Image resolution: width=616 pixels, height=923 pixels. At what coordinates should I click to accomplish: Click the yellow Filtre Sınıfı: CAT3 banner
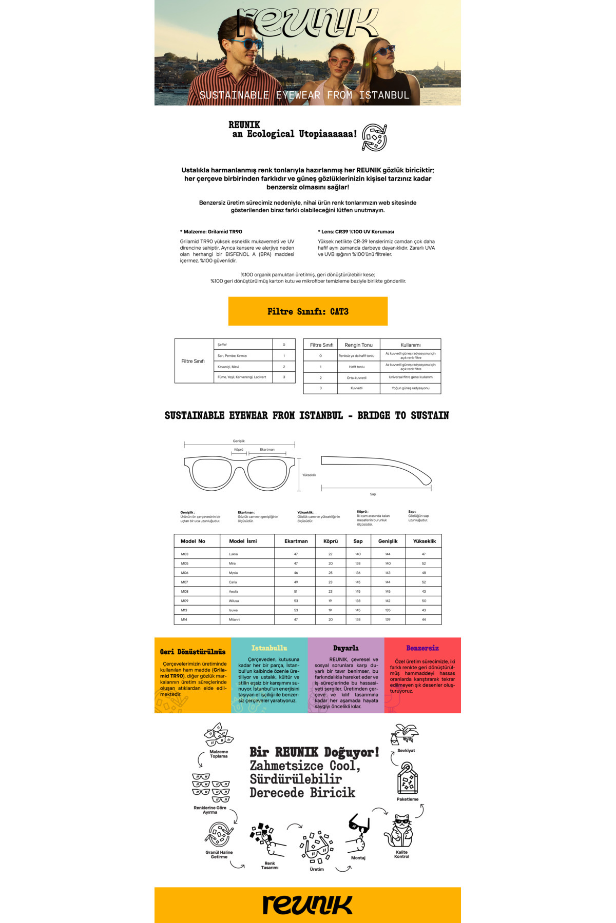point(307,311)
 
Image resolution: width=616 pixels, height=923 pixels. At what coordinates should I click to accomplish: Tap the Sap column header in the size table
point(358,541)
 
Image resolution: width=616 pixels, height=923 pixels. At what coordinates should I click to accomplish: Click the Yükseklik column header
point(424,541)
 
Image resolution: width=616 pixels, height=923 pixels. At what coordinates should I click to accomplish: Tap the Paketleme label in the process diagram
point(407,799)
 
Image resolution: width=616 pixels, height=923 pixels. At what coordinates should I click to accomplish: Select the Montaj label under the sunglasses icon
point(358,857)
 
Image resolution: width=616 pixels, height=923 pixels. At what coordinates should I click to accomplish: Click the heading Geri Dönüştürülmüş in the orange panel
point(192,652)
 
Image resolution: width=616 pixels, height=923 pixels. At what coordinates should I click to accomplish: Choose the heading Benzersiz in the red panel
point(422,648)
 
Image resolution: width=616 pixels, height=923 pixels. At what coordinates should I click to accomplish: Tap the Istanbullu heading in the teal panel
point(269,648)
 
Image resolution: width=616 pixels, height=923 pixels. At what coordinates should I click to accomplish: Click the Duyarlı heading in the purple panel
point(345,648)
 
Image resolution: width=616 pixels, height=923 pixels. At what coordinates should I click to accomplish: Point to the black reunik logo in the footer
point(307,905)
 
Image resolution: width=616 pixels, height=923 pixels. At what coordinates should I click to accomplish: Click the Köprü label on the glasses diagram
point(239,450)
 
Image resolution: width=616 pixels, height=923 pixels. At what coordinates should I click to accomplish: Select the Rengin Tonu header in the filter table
point(358,345)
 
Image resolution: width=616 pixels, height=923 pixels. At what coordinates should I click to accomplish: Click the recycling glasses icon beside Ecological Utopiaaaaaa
point(374,137)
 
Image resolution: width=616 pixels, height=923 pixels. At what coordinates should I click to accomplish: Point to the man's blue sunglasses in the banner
point(246,43)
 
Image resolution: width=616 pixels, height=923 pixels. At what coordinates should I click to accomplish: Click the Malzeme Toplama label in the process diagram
point(219,754)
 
